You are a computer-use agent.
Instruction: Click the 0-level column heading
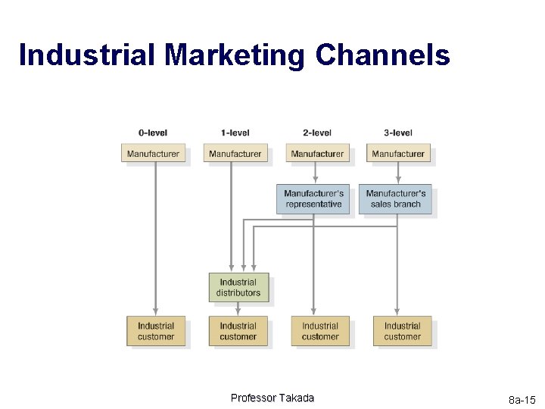pos(153,133)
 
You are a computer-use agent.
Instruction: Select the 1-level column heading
pos(235,133)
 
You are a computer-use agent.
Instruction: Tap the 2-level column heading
pos(317,133)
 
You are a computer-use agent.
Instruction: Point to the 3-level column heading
pos(398,133)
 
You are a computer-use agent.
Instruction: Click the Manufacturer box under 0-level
pos(153,154)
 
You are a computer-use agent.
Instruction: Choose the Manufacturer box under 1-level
pos(235,154)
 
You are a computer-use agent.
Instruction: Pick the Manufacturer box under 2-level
pos(317,154)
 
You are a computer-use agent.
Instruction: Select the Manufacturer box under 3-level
pos(398,154)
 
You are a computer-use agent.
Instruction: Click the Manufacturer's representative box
pos(313,199)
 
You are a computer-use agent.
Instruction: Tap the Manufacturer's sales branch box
pos(396,199)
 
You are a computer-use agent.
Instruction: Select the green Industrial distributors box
pos(238,288)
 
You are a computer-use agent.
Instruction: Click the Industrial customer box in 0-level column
pos(156,331)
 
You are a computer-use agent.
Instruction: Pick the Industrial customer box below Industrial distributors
pos(238,331)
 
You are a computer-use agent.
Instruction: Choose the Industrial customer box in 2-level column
pos(320,331)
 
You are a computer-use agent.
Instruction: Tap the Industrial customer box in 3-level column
pos(402,331)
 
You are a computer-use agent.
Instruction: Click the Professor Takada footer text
pos(272,398)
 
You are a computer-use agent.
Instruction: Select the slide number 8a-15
pos(522,400)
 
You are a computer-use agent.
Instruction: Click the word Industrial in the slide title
pos(87,55)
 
